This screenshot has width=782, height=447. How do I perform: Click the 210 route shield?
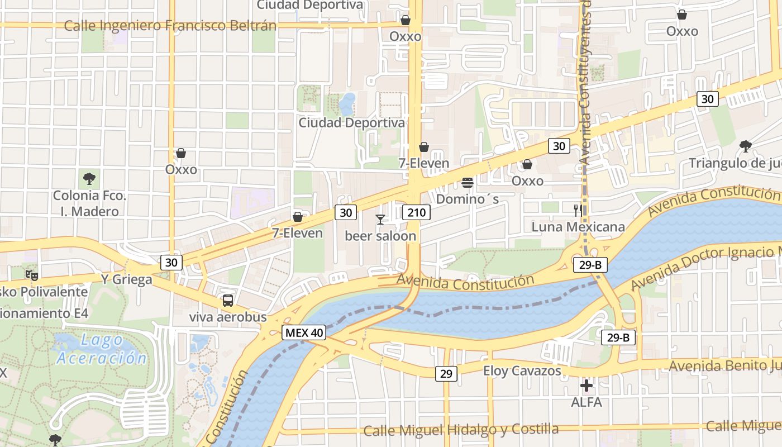pos(417,212)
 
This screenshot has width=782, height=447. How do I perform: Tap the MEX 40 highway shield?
pos(303,332)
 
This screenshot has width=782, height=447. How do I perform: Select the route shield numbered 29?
pos(446,373)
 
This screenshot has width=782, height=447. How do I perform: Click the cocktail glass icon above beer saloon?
pos(380,219)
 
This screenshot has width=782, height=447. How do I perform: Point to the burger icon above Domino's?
pos(468,183)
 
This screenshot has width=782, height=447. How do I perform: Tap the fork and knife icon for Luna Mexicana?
pos(578,211)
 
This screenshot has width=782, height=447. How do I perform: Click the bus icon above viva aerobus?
pos(228,301)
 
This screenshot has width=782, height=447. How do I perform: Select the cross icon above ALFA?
pos(586,386)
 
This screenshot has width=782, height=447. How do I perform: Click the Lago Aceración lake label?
pos(101,349)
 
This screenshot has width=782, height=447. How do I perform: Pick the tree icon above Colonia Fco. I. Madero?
pos(89,179)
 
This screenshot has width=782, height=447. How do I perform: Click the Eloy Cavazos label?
pos(522,370)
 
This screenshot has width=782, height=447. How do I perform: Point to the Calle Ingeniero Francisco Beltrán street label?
pos(170,26)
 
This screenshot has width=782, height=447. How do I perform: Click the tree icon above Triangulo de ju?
pos(745,146)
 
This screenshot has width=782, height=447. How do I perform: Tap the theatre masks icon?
pos(31,274)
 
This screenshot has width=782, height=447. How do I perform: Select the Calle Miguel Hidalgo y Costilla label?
pos(461,430)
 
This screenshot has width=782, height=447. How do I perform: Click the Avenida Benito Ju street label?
pos(724,365)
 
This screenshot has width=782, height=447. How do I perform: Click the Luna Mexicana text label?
pos(578,227)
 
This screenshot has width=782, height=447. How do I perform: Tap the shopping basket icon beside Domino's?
pos(527,164)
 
